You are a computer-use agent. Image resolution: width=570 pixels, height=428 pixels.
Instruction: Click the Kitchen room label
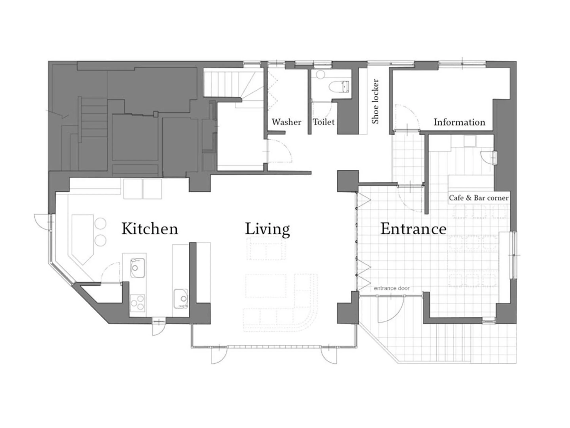click(150, 229)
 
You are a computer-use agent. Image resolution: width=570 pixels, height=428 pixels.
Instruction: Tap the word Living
click(267, 229)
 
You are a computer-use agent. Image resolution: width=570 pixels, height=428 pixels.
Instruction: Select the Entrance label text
click(413, 229)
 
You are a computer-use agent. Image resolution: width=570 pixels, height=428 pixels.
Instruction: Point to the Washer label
click(286, 122)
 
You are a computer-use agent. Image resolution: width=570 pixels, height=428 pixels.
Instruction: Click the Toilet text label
click(323, 122)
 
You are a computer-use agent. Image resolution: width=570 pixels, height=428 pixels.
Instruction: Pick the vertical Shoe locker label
click(375, 101)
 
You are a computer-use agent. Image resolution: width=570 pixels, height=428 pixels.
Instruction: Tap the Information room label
click(459, 122)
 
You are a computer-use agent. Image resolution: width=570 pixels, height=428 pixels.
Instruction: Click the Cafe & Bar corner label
click(479, 198)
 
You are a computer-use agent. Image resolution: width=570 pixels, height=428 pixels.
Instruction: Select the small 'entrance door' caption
click(391, 288)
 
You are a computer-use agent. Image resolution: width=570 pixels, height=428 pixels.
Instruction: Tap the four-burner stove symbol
click(137, 303)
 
